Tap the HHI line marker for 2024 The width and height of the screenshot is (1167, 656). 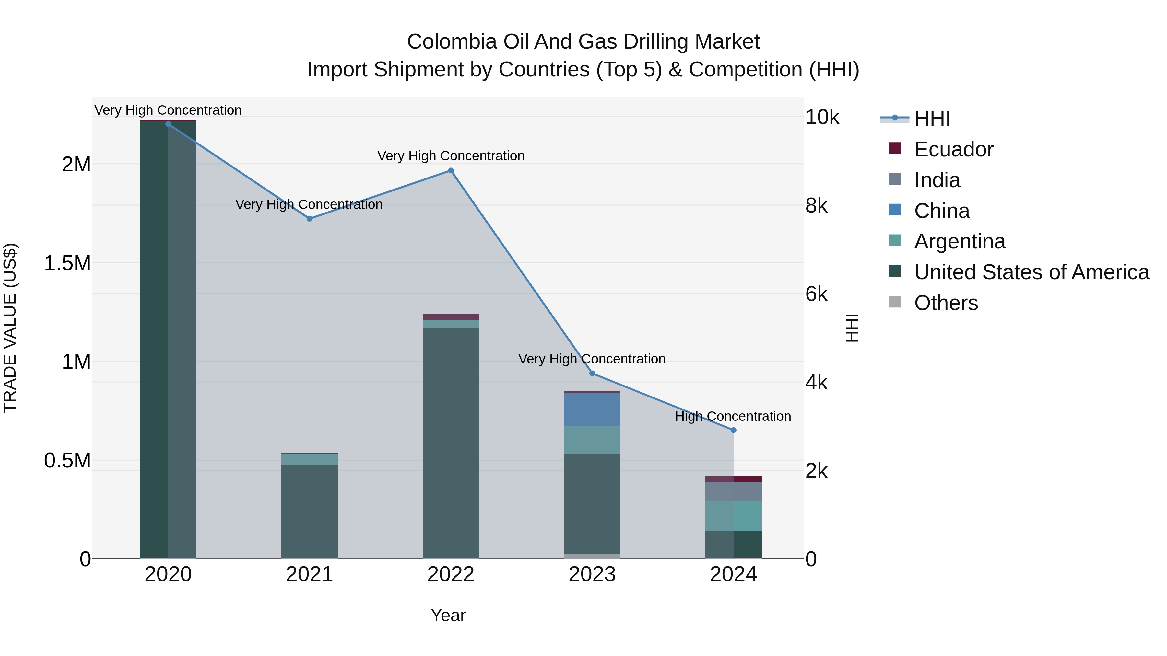click(x=734, y=430)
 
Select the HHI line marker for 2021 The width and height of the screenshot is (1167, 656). click(x=310, y=219)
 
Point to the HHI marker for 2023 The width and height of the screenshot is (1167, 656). click(x=592, y=374)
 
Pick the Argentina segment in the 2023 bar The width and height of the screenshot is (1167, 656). click(x=592, y=440)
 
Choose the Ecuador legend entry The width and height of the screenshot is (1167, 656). click(x=953, y=149)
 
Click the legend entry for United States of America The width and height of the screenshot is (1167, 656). click(x=1031, y=272)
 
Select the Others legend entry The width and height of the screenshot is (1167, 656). click(x=946, y=303)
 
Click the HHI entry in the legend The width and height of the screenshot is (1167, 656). click(x=932, y=119)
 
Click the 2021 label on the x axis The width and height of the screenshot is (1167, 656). click(x=310, y=574)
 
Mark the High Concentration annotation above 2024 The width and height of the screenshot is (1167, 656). click(x=733, y=416)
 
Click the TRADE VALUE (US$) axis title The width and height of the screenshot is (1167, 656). click(x=10, y=328)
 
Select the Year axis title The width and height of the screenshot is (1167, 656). click(x=448, y=615)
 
